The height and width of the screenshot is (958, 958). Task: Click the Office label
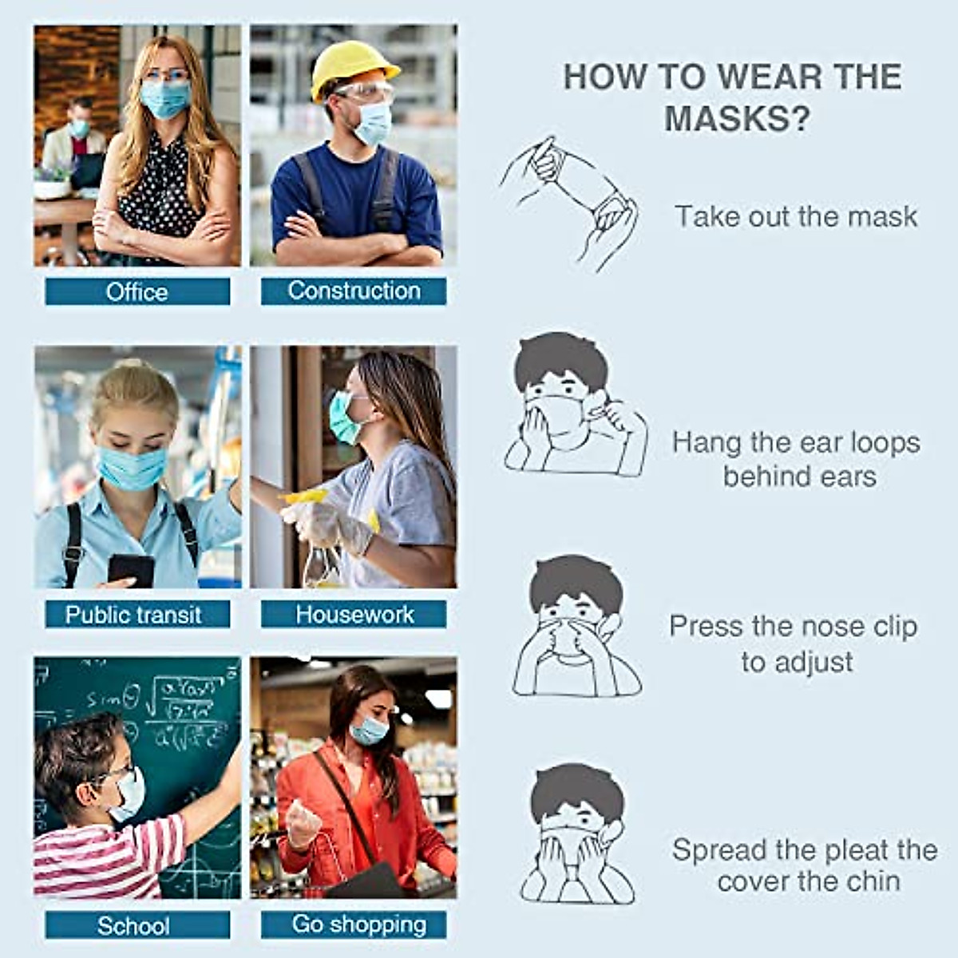tap(137, 291)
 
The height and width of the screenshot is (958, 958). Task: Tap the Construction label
tap(354, 291)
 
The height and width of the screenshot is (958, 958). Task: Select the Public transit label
tap(134, 615)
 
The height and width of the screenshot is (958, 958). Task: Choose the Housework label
tap(354, 614)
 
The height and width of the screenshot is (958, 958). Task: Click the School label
tap(134, 925)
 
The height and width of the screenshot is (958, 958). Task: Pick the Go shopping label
tap(358, 924)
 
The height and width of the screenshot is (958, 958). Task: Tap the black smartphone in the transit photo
tap(131, 569)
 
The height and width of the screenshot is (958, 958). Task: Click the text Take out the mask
tap(796, 216)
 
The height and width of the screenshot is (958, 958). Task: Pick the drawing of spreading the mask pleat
tap(576, 834)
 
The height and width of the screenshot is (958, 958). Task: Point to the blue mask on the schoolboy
tap(129, 794)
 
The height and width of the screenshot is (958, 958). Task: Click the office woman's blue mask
tap(166, 99)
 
